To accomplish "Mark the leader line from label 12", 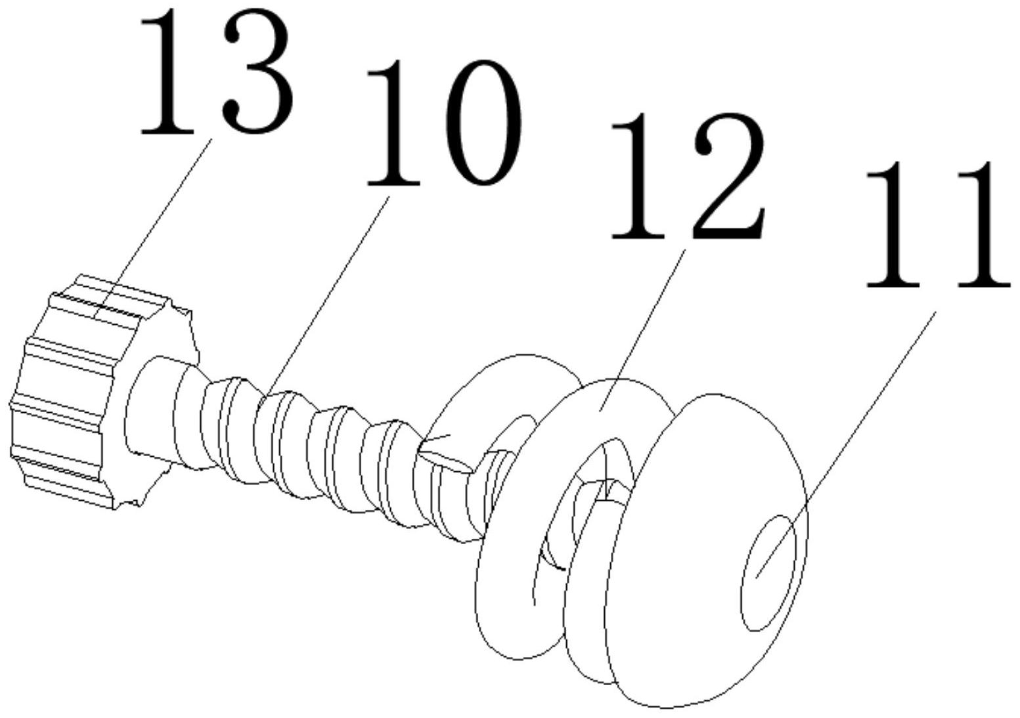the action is tap(640, 328).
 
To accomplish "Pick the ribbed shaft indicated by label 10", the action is tap(315, 446).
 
